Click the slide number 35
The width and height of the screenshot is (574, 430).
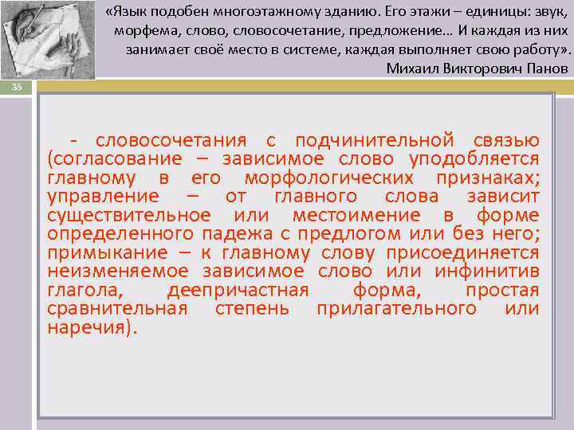click(16, 87)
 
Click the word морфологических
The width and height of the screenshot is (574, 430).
click(329, 178)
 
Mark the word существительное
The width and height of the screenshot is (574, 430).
click(128, 215)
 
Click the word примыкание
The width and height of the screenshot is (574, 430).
click(100, 252)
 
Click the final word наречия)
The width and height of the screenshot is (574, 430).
click(92, 326)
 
